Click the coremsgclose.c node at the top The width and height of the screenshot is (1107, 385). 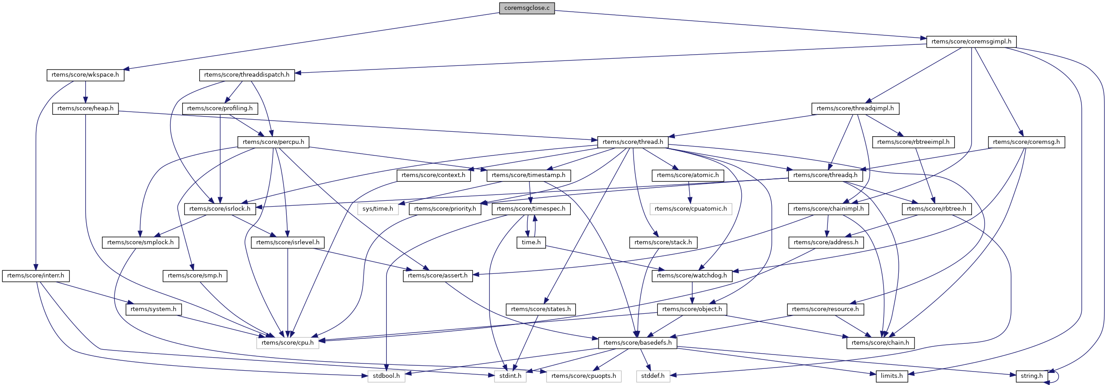(x=527, y=8)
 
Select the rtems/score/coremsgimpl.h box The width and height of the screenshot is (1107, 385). (x=971, y=42)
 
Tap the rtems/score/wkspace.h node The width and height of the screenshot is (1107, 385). (x=85, y=75)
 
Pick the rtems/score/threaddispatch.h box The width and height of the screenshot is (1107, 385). (x=247, y=75)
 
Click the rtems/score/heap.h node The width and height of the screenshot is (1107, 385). (x=85, y=108)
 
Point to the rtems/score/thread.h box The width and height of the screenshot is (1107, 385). (x=633, y=142)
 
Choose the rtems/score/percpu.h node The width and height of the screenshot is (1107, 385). (x=273, y=142)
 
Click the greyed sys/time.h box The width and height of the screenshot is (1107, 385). (x=378, y=209)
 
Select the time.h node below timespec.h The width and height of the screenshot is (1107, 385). (x=531, y=242)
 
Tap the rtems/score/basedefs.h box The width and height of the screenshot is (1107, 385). (x=637, y=343)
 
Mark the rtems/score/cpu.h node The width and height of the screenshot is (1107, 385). (x=288, y=343)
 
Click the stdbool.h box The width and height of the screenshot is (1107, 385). (x=386, y=376)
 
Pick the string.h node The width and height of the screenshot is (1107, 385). (x=1032, y=376)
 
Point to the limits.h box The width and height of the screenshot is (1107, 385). (x=892, y=376)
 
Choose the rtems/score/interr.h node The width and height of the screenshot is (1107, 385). (x=35, y=276)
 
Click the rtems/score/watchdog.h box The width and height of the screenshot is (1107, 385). (x=692, y=276)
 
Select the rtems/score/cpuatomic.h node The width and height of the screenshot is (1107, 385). (x=691, y=209)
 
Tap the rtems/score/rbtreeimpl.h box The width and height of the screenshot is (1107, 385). (x=913, y=142)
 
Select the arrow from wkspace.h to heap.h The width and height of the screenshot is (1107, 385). (x=85, y=92)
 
